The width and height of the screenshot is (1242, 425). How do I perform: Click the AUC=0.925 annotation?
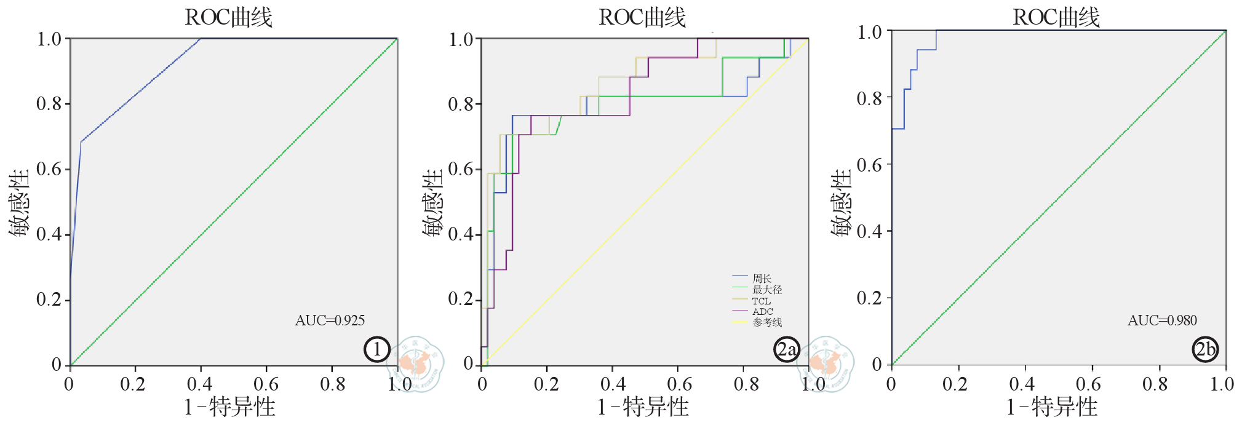330,320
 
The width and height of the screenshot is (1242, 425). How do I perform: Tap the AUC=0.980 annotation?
1162,320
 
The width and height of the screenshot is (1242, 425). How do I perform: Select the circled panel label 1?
376,349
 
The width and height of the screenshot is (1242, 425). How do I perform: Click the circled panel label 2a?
786,349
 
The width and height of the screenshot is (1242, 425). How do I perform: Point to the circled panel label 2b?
1205,349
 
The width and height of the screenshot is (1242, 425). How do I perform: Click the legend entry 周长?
762,279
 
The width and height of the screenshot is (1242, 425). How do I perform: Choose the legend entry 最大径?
766,290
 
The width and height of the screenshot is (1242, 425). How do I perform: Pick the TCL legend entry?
761,301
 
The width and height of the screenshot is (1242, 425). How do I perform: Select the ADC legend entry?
762,311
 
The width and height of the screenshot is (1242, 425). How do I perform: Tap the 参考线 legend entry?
766,322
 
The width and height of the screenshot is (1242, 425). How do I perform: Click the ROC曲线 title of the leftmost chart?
228,17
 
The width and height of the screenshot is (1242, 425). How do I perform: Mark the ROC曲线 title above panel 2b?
1056,17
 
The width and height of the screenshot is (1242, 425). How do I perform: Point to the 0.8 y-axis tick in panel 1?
49,104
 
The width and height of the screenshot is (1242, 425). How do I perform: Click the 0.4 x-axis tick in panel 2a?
613,384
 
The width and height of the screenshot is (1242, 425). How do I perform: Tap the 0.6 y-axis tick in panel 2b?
869,165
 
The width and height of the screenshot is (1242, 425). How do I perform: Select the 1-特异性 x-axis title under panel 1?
229,407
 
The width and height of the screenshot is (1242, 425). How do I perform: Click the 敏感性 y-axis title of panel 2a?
433,203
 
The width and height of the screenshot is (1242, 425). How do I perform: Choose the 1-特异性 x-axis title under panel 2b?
1052,407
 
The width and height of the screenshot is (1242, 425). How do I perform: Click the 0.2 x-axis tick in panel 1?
133,384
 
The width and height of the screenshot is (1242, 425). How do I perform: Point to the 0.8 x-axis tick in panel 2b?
1155,384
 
